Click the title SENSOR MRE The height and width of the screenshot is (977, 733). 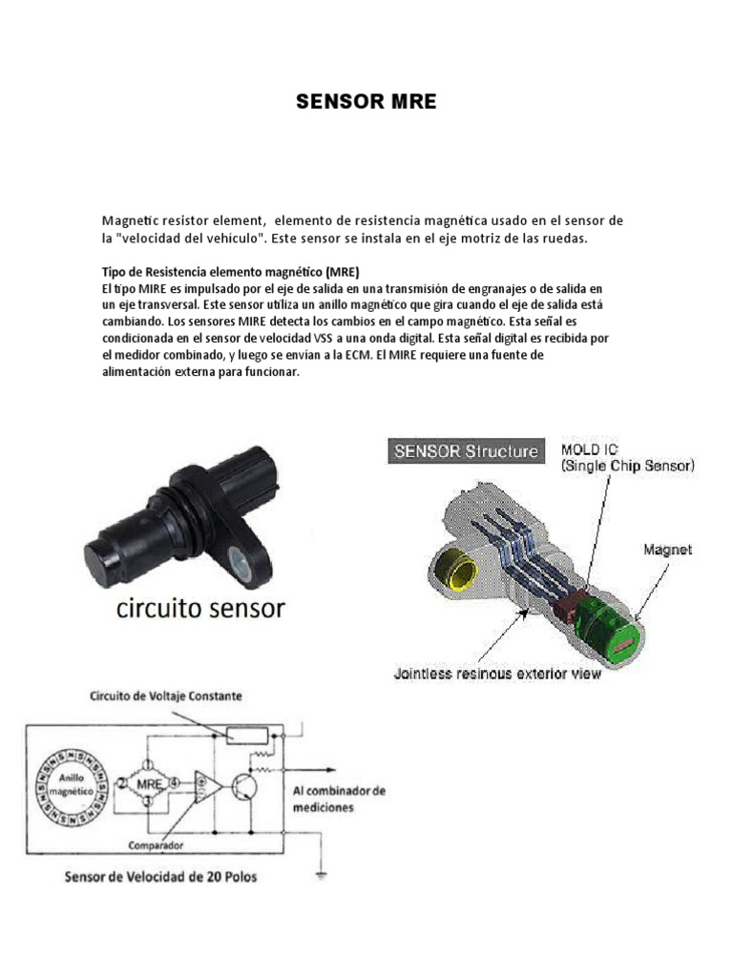coord(366,103)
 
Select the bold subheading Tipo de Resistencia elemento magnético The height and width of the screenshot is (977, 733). coord(230,271)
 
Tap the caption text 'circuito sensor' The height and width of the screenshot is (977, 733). coord(200,608)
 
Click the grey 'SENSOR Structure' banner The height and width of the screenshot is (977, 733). coord(466,451)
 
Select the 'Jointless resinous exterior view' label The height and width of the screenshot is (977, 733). coord(497,675)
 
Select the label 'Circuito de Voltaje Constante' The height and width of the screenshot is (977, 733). coord(166,696)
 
